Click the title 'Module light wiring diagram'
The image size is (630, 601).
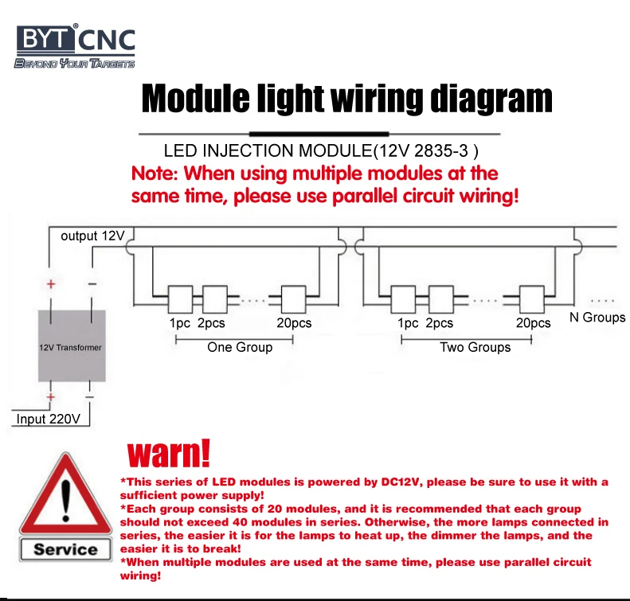[x=346, y=100]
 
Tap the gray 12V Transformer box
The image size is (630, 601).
[x=72, y=347]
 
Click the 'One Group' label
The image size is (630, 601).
[x=240, y=347]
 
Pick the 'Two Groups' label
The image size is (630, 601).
[x=475, y=347]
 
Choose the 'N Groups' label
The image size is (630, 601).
[x=597, y=318]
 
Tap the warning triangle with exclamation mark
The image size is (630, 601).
[x=65, y=498]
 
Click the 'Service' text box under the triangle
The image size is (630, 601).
[x=65, y=549]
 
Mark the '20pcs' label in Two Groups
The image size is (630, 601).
[x=534, y=323]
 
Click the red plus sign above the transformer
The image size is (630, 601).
[x=51, y=283]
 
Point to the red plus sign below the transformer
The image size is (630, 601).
[x=51, y=396]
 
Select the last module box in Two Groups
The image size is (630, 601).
[x=531, y=299]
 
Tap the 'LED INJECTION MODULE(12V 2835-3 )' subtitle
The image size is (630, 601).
[x=320, y=150]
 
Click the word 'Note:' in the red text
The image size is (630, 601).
[x=155, y=174]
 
